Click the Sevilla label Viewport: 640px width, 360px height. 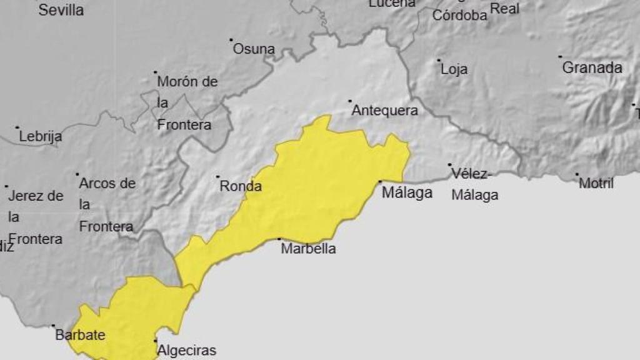pos(61,10)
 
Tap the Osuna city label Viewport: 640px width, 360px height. pos(254,49)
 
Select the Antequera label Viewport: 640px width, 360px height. pos(384,111)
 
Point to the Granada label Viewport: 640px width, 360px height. pos(592,67)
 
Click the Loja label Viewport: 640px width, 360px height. pos(454,69)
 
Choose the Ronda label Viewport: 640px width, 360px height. pos(240,186)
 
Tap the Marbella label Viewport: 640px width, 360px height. pos(308,249)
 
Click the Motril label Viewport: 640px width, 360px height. pos(596,183)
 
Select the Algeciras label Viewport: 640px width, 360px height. pos(187,350)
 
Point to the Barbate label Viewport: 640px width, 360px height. pos(80,335)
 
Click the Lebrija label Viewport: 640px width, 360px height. pos(41,136)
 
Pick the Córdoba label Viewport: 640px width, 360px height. pos(460,16)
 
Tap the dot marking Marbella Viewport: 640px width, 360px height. pos(279,239)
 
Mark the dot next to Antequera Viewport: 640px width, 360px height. pos(350,101)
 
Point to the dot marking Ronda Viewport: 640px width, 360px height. pos(217,177)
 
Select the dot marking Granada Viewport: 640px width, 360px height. pos(560,57)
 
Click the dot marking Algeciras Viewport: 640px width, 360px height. pos(156,341)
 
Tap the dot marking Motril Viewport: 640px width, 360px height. pos(577,174)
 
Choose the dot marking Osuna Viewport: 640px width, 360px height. pos(231,39)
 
